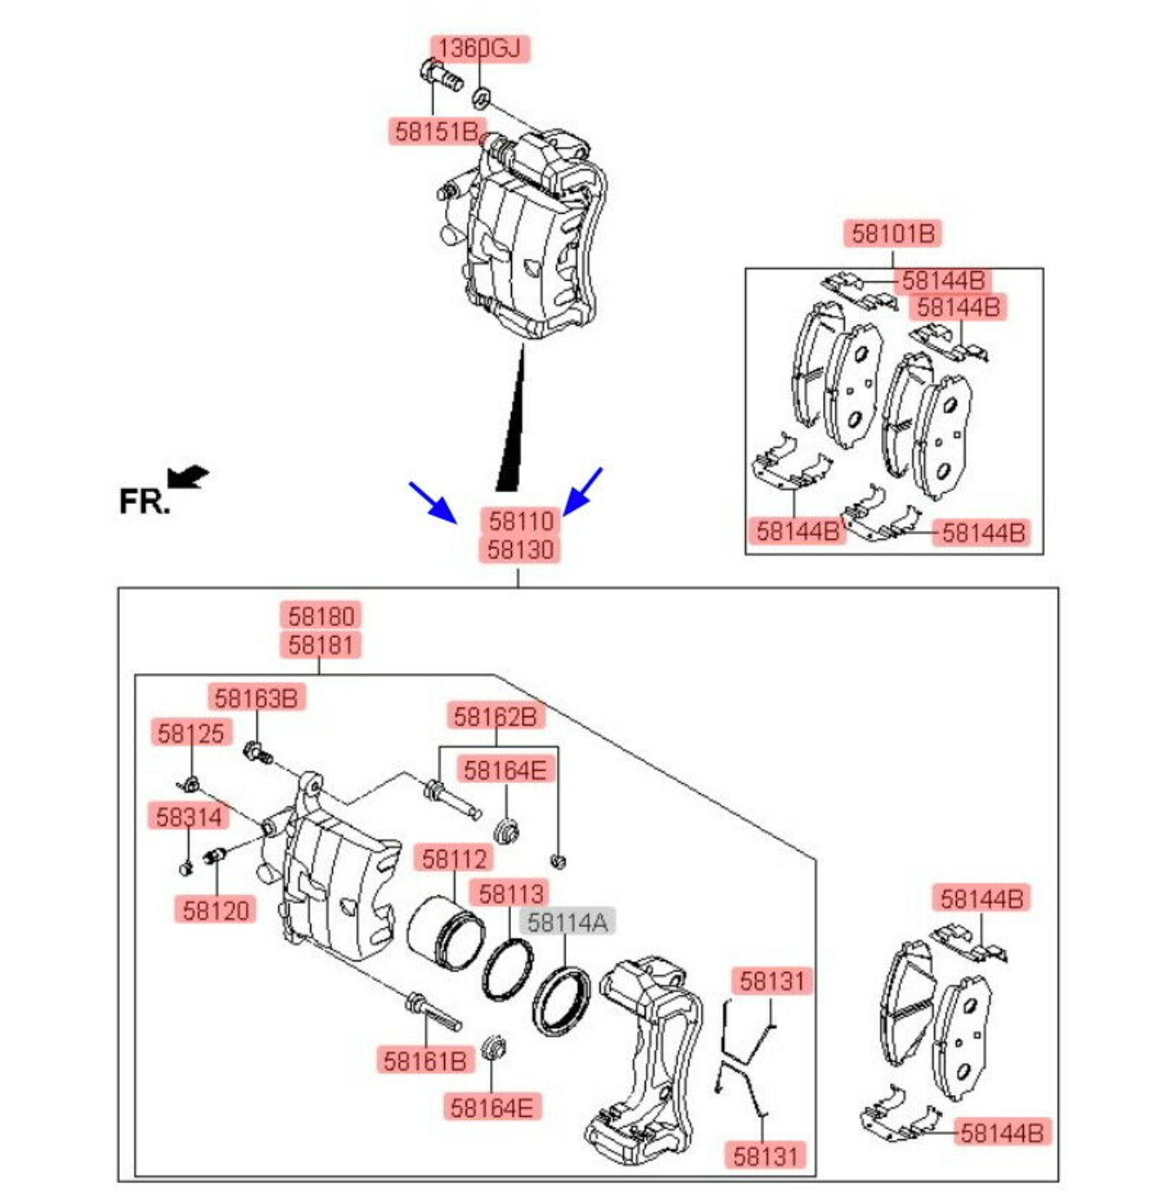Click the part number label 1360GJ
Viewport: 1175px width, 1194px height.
(480, 48)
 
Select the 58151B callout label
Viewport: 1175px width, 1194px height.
(436, 131)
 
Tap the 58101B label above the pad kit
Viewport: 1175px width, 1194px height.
(893, 233)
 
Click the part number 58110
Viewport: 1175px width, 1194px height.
(521, 521)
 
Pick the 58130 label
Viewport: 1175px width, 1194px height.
(520, 549)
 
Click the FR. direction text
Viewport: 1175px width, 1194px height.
(143, 502)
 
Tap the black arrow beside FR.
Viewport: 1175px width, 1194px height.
(189, 476)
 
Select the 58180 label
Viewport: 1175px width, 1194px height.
(322, 615)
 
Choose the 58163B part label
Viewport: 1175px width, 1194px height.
(256, 697)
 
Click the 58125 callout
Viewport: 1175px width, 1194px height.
(190, 733)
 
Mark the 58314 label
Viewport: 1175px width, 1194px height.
(189, 816)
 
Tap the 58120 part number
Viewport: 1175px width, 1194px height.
(216, 910)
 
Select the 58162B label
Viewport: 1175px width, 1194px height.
(495, 716)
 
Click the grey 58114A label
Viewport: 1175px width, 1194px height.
(567, 921)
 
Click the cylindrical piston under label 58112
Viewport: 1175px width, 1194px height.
(445, 933)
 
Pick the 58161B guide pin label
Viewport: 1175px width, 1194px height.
(425, 1060)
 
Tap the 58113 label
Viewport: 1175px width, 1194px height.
(511, 892)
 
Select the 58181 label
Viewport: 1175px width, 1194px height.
(322, 645)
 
